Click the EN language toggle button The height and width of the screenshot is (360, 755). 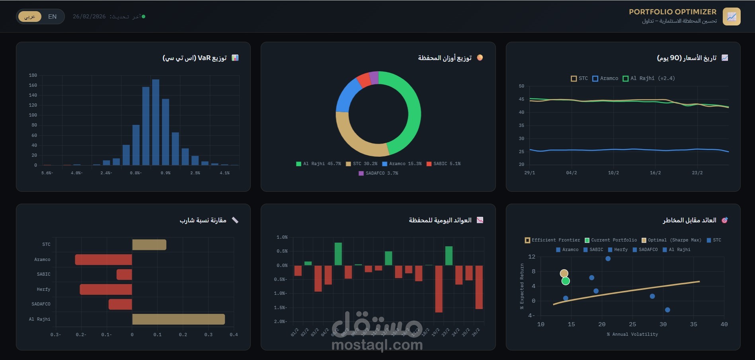tap(52, 17)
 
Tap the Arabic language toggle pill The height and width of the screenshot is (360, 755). tap(30, 17)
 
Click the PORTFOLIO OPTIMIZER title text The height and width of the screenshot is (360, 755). tap(672, 12)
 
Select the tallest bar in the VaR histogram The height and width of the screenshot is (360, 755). tap(156, 122)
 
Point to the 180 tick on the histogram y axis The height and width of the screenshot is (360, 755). tap(33, 75)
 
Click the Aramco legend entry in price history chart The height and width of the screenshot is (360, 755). tap(605, 78)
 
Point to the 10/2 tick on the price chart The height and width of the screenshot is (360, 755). tap(613, 173)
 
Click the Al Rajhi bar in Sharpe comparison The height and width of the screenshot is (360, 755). tap(178, 319)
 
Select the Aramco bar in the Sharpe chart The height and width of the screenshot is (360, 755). tap(103, 259)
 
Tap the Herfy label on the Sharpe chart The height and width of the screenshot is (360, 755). tap(43, 289)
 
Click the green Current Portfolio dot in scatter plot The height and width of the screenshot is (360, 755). tap(566, 281)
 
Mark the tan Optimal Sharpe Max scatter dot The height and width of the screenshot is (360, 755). tap(564, 273)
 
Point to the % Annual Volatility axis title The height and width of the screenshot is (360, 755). tap(632, 334)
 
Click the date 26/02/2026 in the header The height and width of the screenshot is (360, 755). tap(89, 17)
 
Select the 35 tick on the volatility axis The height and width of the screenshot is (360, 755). tap(694, 324)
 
